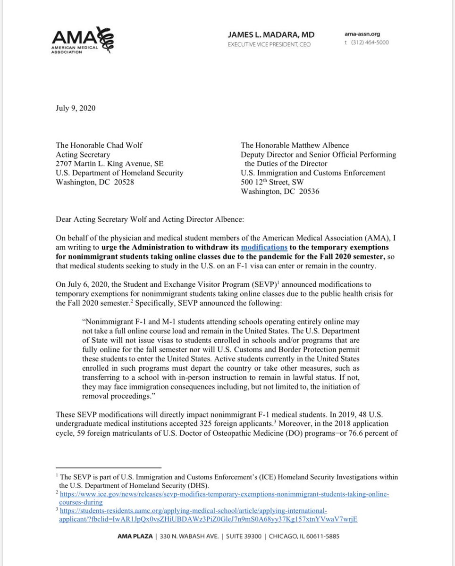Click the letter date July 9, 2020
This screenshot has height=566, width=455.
click(76, 108)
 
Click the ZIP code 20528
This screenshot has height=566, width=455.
click(124, 182)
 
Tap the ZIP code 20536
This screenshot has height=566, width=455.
click(310, 191)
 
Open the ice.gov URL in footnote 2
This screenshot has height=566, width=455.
click(222, 493)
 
